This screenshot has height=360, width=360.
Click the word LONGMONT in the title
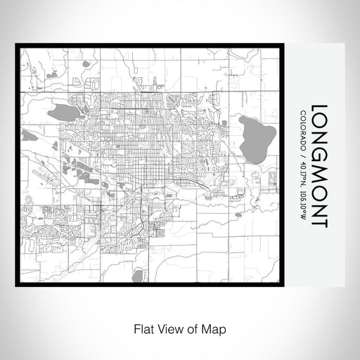click(317, 166)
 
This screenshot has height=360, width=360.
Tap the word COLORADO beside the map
click(302, 129)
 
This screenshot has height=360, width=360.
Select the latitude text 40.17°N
click(302, 172)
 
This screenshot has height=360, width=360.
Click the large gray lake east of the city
click(252, 139)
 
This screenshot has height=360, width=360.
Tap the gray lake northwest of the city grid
click(63, 110)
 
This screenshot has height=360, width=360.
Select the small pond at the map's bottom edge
click(138, 276)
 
